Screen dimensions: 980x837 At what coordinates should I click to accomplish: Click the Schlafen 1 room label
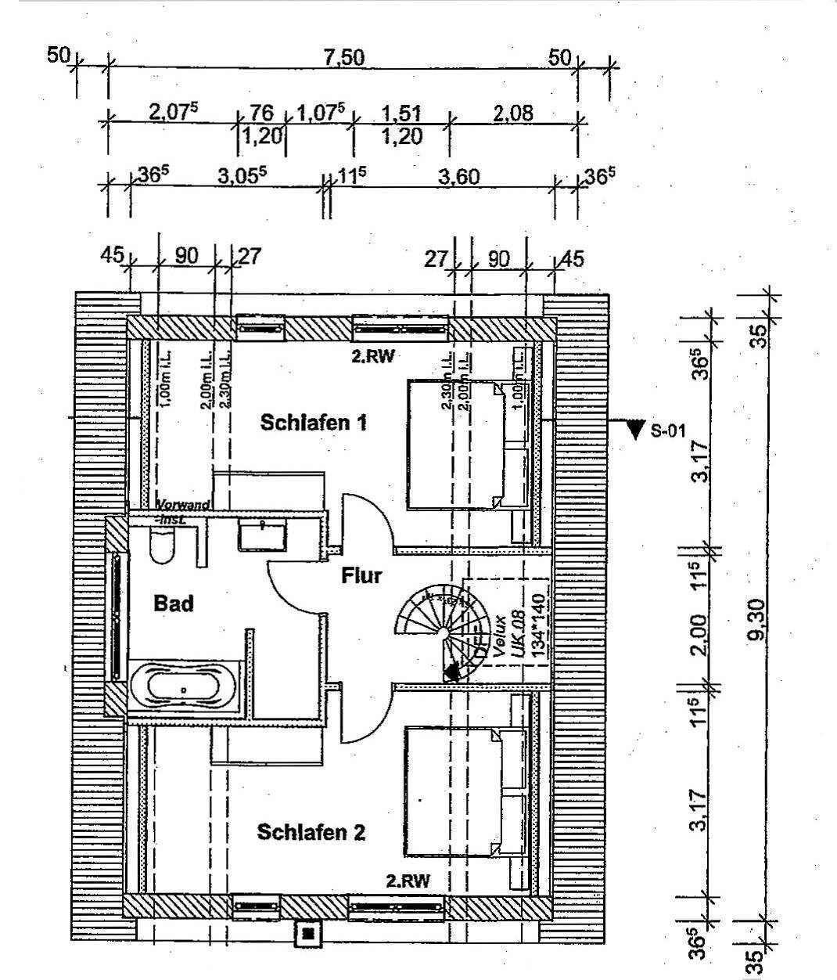point(313,423)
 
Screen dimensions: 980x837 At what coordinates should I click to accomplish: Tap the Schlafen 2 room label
point(311,831)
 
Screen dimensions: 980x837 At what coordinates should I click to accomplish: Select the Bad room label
point(173,603)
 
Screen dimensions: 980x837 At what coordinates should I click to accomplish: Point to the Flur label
point(361,576)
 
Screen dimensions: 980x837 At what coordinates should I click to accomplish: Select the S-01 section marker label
point(669,430)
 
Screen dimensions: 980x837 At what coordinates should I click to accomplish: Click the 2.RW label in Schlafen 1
point(373,356)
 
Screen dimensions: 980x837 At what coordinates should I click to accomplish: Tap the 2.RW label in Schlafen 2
point(408,880)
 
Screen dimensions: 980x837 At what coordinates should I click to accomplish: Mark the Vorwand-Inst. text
point(183,510)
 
